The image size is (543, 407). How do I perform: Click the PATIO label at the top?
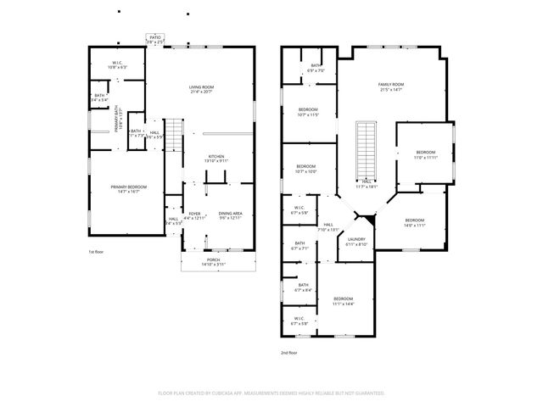pos(154,37)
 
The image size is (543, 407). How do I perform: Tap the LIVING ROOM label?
pos(200,86)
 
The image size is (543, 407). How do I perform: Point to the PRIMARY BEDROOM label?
pos(126,187)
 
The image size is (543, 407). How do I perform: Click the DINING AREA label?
pos(230,213)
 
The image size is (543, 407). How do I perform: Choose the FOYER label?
pos(194,213)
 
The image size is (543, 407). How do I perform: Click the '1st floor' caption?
pos(97,252)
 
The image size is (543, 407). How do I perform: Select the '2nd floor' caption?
pos(289,352)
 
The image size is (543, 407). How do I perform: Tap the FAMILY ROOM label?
pos(390,84)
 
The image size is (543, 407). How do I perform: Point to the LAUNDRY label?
pos(356,240)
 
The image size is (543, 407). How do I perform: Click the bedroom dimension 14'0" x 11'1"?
pos(415,225)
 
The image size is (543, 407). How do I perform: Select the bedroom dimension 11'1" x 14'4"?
pos(343,304)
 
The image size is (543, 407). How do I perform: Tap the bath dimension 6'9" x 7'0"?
pos(315,70)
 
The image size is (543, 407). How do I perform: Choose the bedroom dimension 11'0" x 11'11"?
pos(425,157)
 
